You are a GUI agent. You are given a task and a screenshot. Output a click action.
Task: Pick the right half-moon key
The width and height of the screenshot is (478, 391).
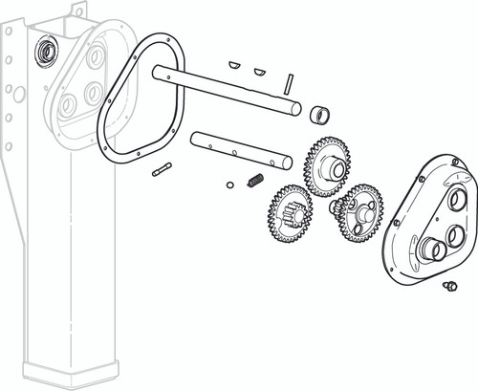point(259,70)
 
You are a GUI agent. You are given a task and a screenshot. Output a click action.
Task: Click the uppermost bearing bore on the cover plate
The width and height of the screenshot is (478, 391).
point(455,199)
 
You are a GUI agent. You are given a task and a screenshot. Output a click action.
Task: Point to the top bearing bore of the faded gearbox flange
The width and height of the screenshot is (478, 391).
point(96,58)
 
